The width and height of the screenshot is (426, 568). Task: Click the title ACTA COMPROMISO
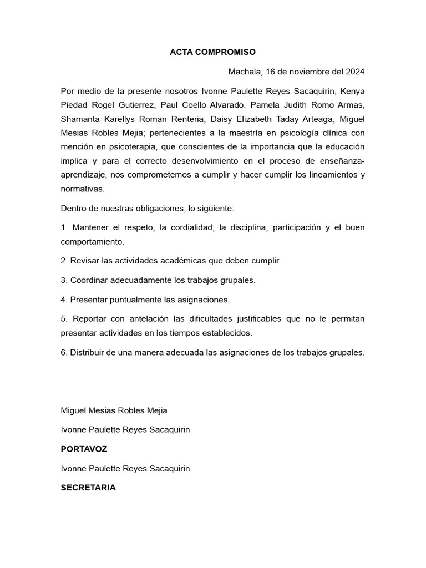212,52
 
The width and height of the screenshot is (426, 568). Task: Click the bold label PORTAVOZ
84,449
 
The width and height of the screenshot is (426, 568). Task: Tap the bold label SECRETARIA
88,488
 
